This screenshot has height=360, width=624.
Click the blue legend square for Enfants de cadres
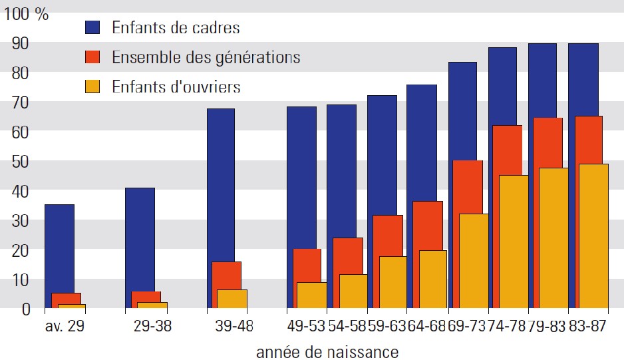(92, 28)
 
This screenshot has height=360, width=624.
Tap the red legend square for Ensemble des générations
(92, 57)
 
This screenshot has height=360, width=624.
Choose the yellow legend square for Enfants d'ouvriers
(92, 87)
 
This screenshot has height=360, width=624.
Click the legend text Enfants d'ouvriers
(176, 87)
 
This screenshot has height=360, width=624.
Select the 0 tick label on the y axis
(26, 309)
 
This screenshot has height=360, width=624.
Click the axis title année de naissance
(327, 351)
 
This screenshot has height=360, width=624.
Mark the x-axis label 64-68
(426, 327)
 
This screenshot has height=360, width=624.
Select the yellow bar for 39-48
(232, 299)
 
